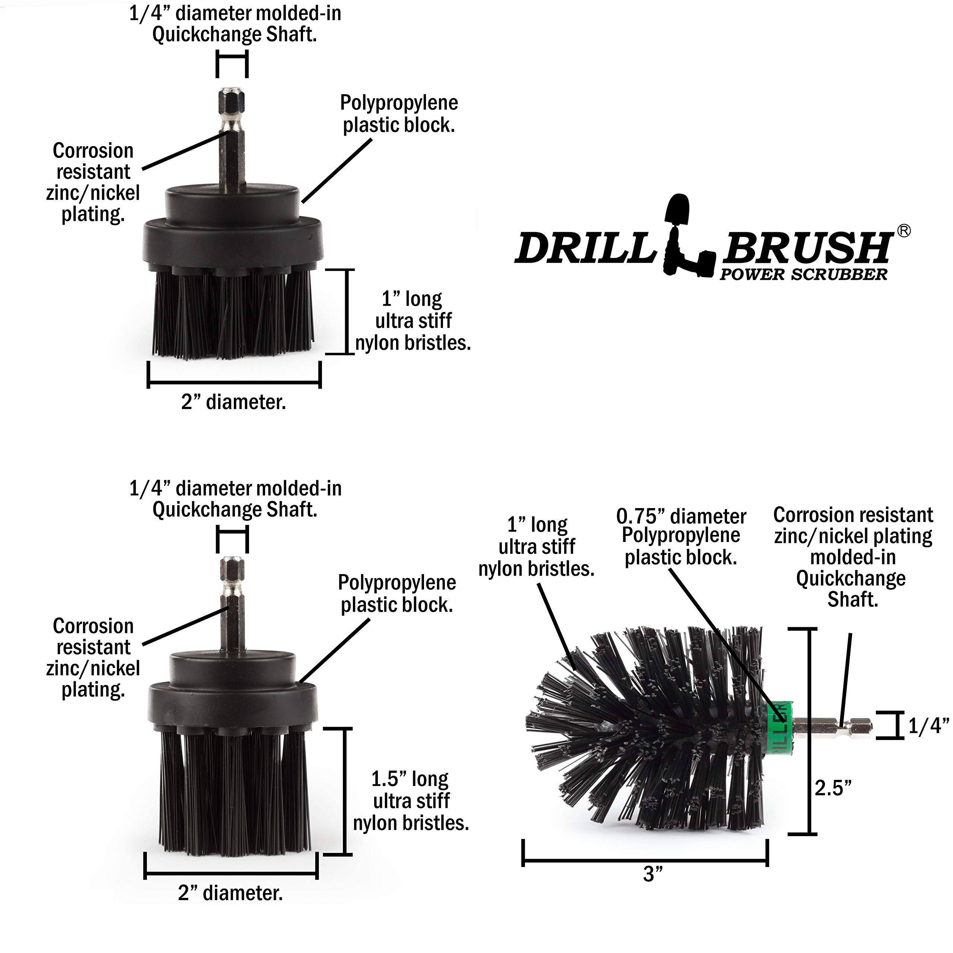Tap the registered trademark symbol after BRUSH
click(x=903, y=230)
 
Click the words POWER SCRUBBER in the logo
click(x=803, y=274)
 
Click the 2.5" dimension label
click(x=833, y=788)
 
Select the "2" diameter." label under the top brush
click(x=233, y=402)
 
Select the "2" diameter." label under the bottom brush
click(x=230, y=893)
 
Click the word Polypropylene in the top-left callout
click(x=399, y=103)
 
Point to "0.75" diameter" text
click(x=681, y=516)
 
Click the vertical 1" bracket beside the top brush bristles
click(x=347, y=311)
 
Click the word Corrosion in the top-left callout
click(x=93, y=151)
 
